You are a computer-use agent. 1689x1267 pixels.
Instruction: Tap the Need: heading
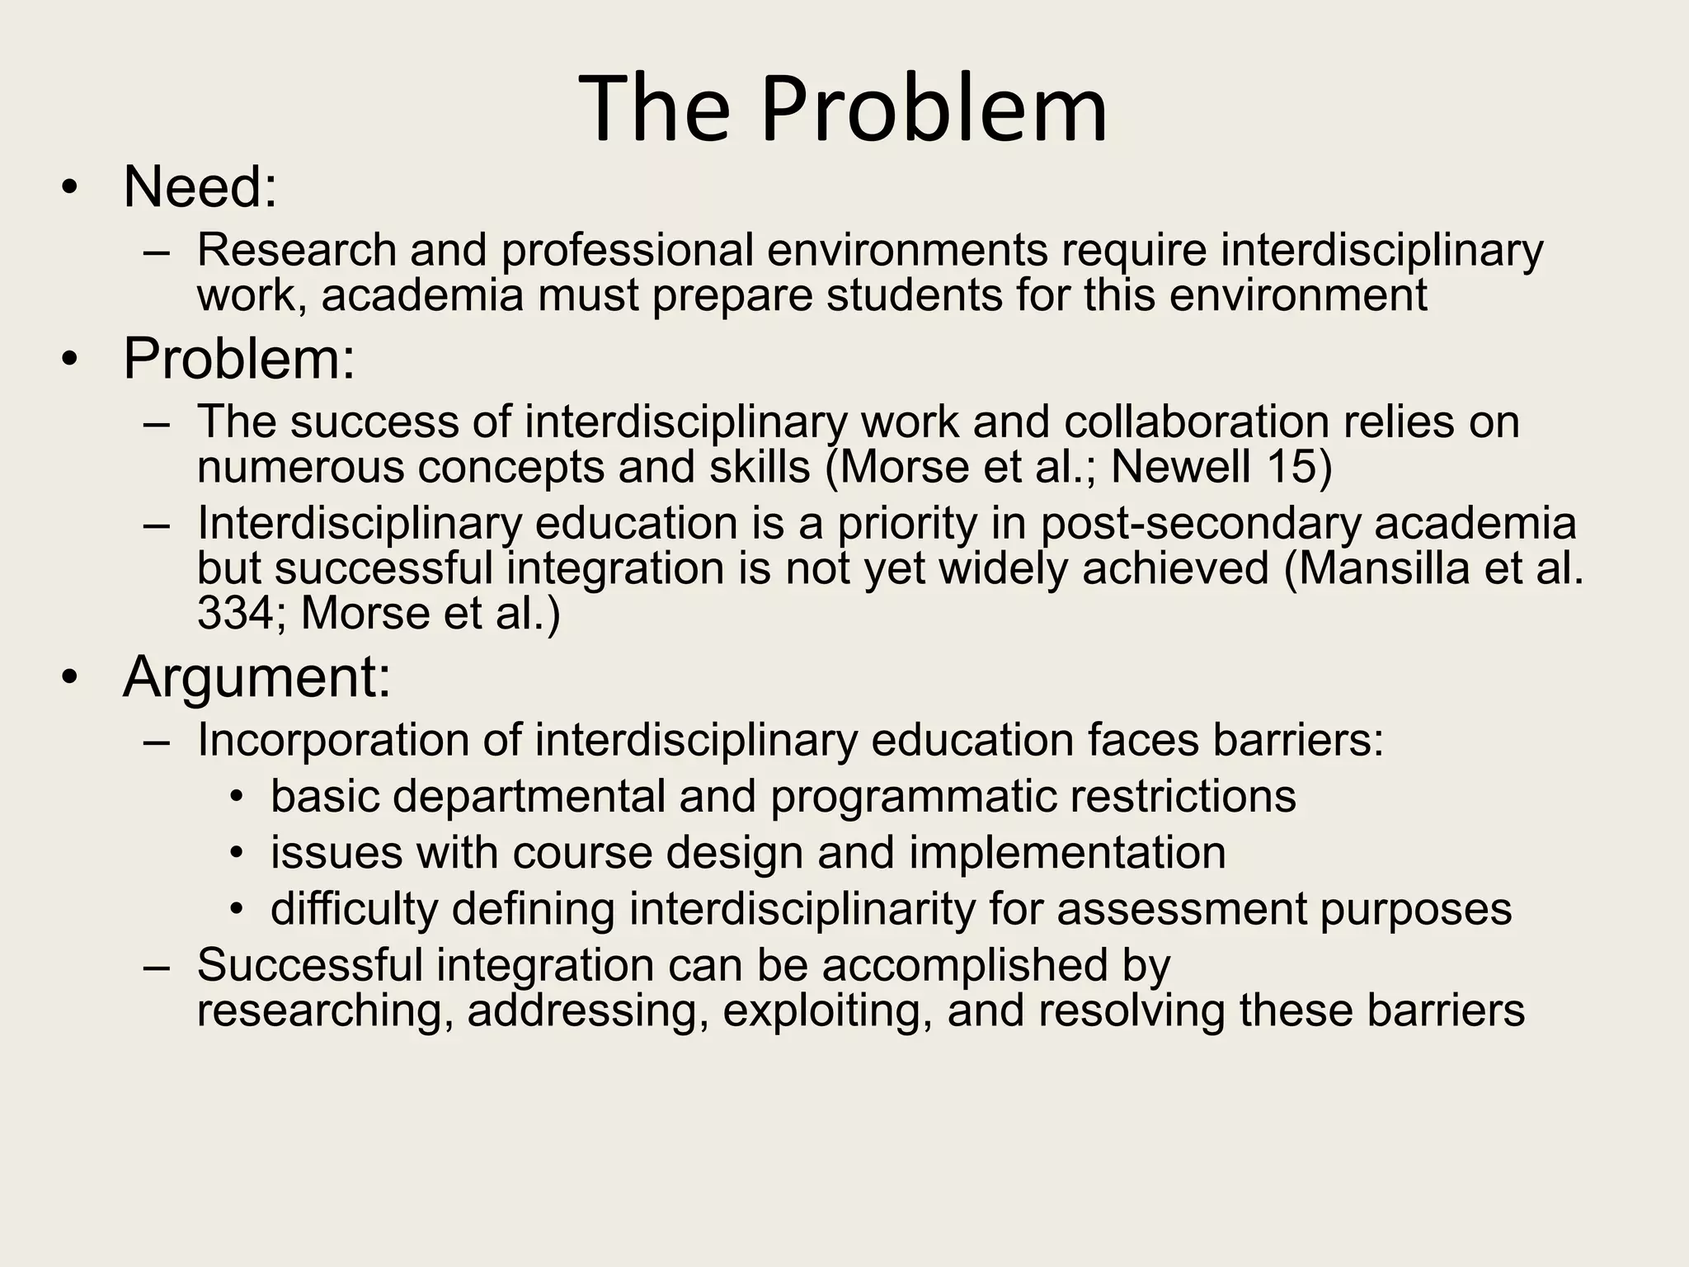[200, 187]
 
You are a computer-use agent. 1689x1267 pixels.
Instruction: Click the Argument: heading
[256, 676]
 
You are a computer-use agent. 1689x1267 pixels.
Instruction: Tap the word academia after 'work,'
[422, 295]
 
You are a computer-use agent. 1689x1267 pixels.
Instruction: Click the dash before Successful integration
[156, 967]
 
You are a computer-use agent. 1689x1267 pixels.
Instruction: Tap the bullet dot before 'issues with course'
[238, 853]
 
